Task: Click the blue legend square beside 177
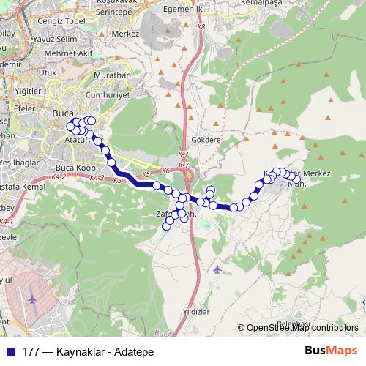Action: click(x=10, y=351)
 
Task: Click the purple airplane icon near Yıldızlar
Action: click(x=217, y=269)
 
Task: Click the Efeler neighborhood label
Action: click(x=26, y=107)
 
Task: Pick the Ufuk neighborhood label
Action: click(x=47, y=73)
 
